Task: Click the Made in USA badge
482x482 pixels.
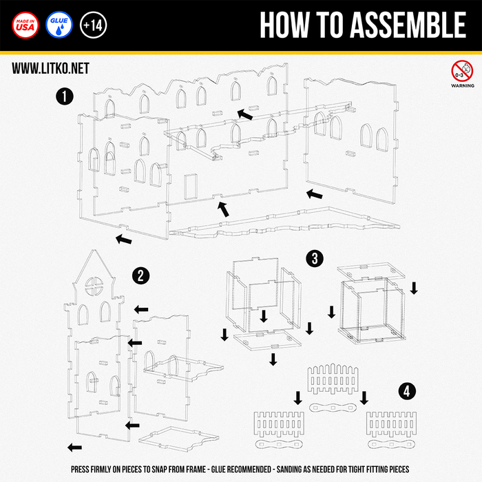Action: point(25,25)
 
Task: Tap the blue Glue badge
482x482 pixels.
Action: point(59,25)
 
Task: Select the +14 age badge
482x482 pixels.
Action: point(93,25)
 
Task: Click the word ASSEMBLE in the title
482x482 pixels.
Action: point(408,25)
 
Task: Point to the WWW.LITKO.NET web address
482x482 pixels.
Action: point(50,68)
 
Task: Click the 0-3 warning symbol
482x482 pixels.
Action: point(462,71)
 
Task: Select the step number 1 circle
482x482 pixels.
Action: point(65,96)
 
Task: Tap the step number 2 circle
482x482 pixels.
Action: point(140,275)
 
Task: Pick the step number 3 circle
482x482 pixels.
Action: point(315,258)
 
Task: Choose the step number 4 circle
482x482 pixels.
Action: point(407,392)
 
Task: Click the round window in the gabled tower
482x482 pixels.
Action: point(94,286)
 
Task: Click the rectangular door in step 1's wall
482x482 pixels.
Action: point(191,187)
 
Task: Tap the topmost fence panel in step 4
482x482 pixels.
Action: point(333,379)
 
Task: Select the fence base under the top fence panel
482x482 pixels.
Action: point(333,408)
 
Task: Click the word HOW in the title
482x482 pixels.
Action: point(284,25)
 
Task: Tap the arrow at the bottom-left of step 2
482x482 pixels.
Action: point(74,448)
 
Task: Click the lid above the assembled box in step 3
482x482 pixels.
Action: point(371,271)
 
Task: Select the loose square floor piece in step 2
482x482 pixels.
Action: point(179,439)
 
